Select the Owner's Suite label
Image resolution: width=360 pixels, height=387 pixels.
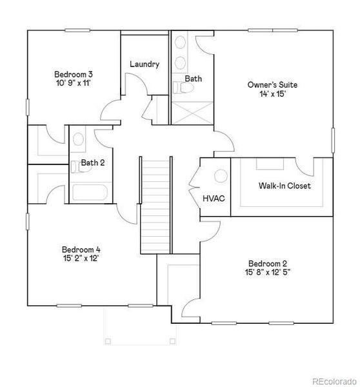[273, 84]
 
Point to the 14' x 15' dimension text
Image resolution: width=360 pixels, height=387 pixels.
[273, 94]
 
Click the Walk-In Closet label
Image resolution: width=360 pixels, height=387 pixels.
[285, 186]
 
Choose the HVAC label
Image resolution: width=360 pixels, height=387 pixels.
[214, 198]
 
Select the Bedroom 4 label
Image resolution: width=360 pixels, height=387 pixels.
[81, 250]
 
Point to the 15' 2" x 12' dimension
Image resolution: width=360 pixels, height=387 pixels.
[81, 259]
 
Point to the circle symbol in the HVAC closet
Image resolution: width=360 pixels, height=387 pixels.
[220, 175]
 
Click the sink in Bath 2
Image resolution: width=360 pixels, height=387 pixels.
[78, 139]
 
